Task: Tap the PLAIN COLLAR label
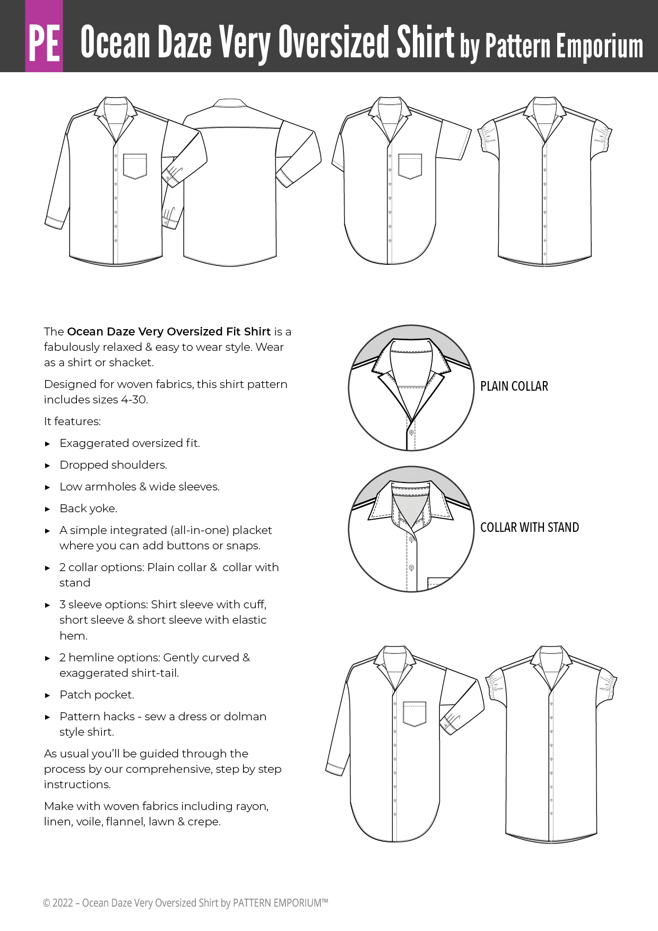pos(514,386)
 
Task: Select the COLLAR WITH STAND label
pos(529,528)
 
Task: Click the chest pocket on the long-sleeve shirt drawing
pos(135,166)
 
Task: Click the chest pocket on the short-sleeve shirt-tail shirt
pos(410,166)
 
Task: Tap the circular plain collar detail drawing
pos(411,388)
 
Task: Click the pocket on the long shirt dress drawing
pos(414,713)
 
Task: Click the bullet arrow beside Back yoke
pos(48,509)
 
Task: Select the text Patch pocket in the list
pos(97,695)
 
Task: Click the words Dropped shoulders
pos(113,465)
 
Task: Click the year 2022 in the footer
pos(63,903)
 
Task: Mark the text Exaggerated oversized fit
pos(129,443)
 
